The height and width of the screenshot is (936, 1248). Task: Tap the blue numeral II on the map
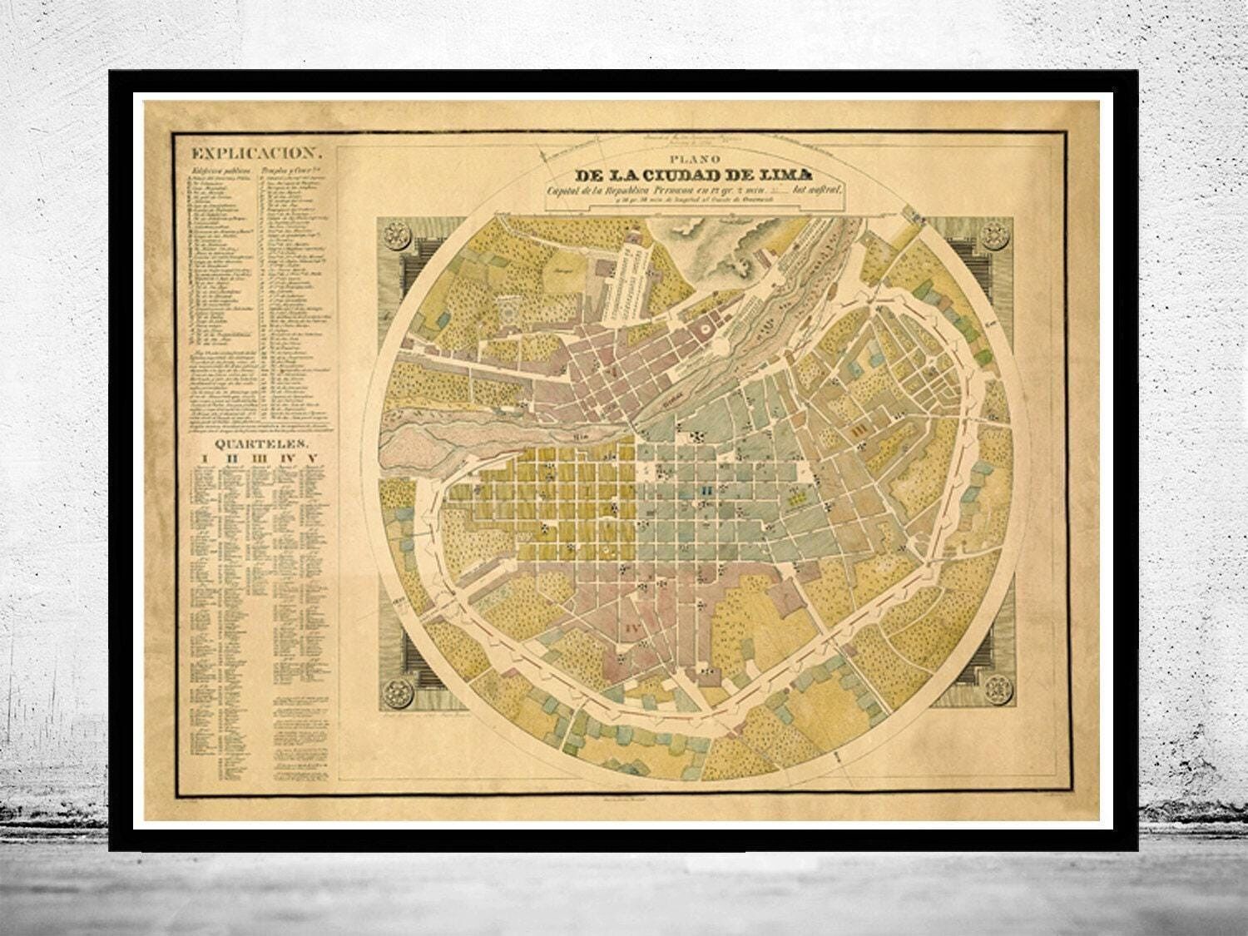pos(706,492)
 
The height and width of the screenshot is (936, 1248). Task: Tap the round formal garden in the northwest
pos(508,315)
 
